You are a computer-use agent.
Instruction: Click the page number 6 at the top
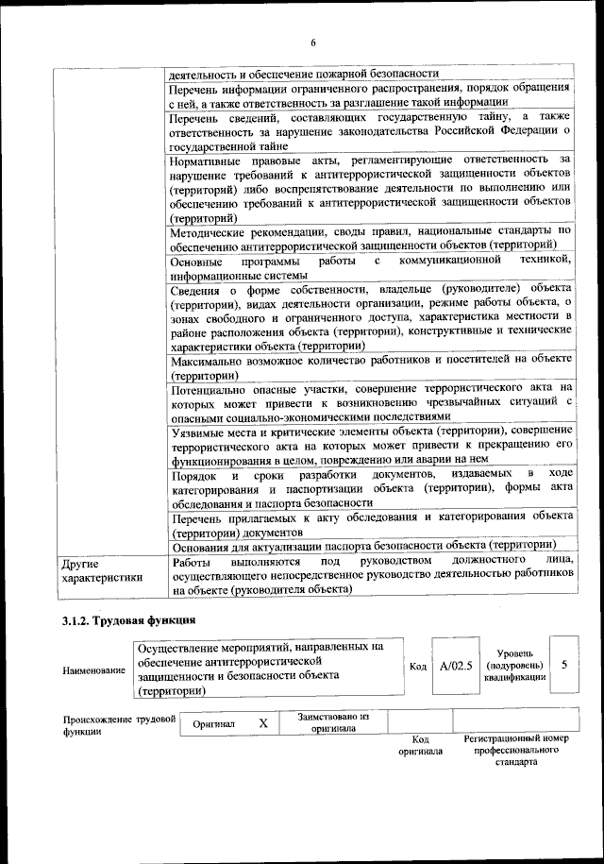point(313,42)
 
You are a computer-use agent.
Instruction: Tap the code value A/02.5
point(455,665)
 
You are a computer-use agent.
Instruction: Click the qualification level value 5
point(563,665)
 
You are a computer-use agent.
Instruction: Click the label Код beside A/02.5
point(417,666)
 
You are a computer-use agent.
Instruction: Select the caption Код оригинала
point(421,745)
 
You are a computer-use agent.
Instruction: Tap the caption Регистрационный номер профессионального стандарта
point(515,750)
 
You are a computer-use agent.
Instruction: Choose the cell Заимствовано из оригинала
point(333,722)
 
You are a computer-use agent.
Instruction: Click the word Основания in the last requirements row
point(204,545)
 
